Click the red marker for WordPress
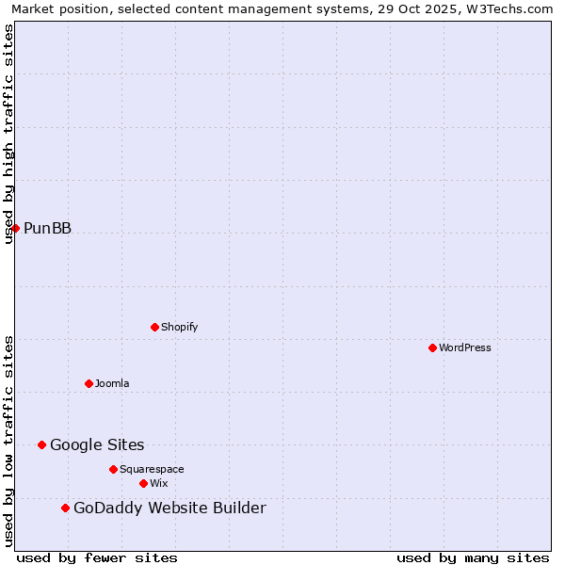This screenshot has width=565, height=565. point(432,347)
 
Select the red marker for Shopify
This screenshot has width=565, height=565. point(154,327)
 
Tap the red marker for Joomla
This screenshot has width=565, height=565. point(89,383)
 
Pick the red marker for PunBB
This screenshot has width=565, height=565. point(15,228)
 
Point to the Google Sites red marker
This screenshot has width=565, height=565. point(41,444)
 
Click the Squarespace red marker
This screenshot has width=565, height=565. point(113,469)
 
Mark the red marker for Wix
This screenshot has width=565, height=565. point(143,483)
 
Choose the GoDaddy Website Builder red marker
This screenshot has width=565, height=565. point(65,508)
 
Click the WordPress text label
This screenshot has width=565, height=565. point(465,347)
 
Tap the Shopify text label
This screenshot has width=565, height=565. point(180,327)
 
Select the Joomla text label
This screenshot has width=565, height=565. point(112,383)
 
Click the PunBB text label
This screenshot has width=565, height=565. point(47,228)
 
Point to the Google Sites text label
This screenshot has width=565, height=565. point(97,444)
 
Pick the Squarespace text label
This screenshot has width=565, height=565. point(152,469)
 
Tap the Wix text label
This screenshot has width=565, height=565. point(158,483)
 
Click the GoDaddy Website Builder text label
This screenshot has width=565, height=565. point(169,508)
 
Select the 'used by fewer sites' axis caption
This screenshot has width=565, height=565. point(97,558)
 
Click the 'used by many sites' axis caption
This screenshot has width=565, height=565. point(473,558)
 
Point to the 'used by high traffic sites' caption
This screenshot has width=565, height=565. point(8,134)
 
